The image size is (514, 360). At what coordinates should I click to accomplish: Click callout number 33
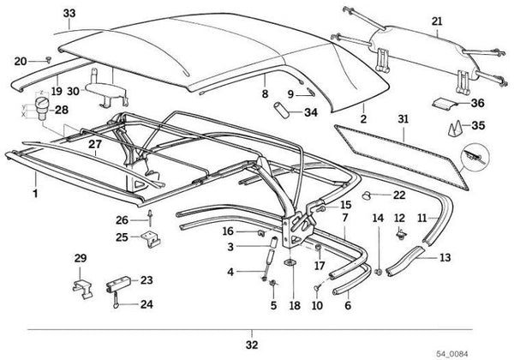pyautogui.click(x=69, y=12)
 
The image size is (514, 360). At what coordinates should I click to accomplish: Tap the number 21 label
pyautogui.click(x=437, y=21)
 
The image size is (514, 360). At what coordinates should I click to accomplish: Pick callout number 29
pyautogui.click(x=80, y=258)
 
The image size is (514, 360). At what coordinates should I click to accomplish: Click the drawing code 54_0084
pyautogui.click(x=483, y=352)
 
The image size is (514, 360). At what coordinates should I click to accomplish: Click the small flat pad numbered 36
pyautogui.click(x=445, y=104)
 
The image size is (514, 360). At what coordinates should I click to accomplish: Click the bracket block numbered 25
pyautogui.click(x=151, y=235)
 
